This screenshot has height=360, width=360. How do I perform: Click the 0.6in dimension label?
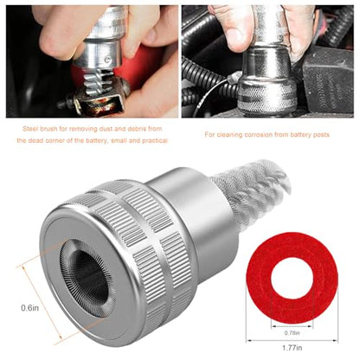tap(29, 308)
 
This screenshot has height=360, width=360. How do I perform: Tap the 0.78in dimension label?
tap(292, 333)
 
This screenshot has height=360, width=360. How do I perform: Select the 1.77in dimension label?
tap(292, 348)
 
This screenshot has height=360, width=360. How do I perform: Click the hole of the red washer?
tap(292, 278)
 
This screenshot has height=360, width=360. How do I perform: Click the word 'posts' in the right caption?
tap(321, 134)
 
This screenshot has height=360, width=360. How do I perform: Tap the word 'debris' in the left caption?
tap(136, 129)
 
